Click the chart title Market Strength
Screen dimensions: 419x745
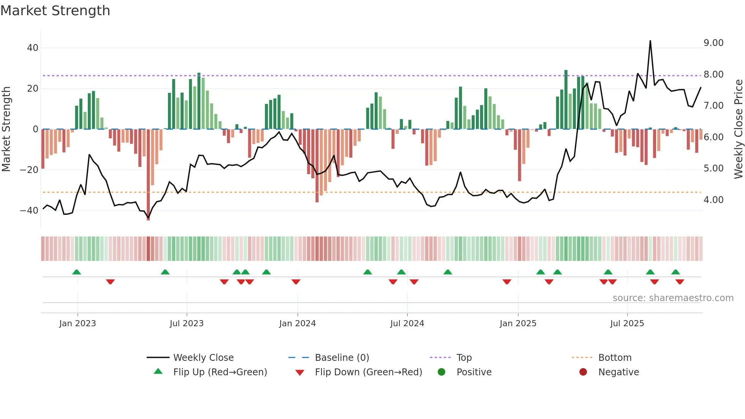click(x=55, y=11)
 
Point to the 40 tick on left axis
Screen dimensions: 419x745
click(x=33, y=48)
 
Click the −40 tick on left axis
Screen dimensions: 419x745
click(x=29, y=210)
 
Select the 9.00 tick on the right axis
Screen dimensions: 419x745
click(x=713, y=43)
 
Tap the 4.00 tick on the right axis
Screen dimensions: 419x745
click(x=713, y=200)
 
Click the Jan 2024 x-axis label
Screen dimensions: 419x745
click(x=297, y=324)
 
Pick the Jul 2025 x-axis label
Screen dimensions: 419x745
click(x=627, y=324)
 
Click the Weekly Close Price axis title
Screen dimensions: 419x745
click(x=738, y=129)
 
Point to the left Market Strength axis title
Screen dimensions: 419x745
click(x=6, y=129)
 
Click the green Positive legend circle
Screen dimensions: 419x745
click(x=441, y=372)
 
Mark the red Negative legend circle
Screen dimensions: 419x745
click(x=583, y=372)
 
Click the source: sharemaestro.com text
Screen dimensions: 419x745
click(x=673, y=298)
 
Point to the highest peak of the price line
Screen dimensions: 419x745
click(x=650, y=41)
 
